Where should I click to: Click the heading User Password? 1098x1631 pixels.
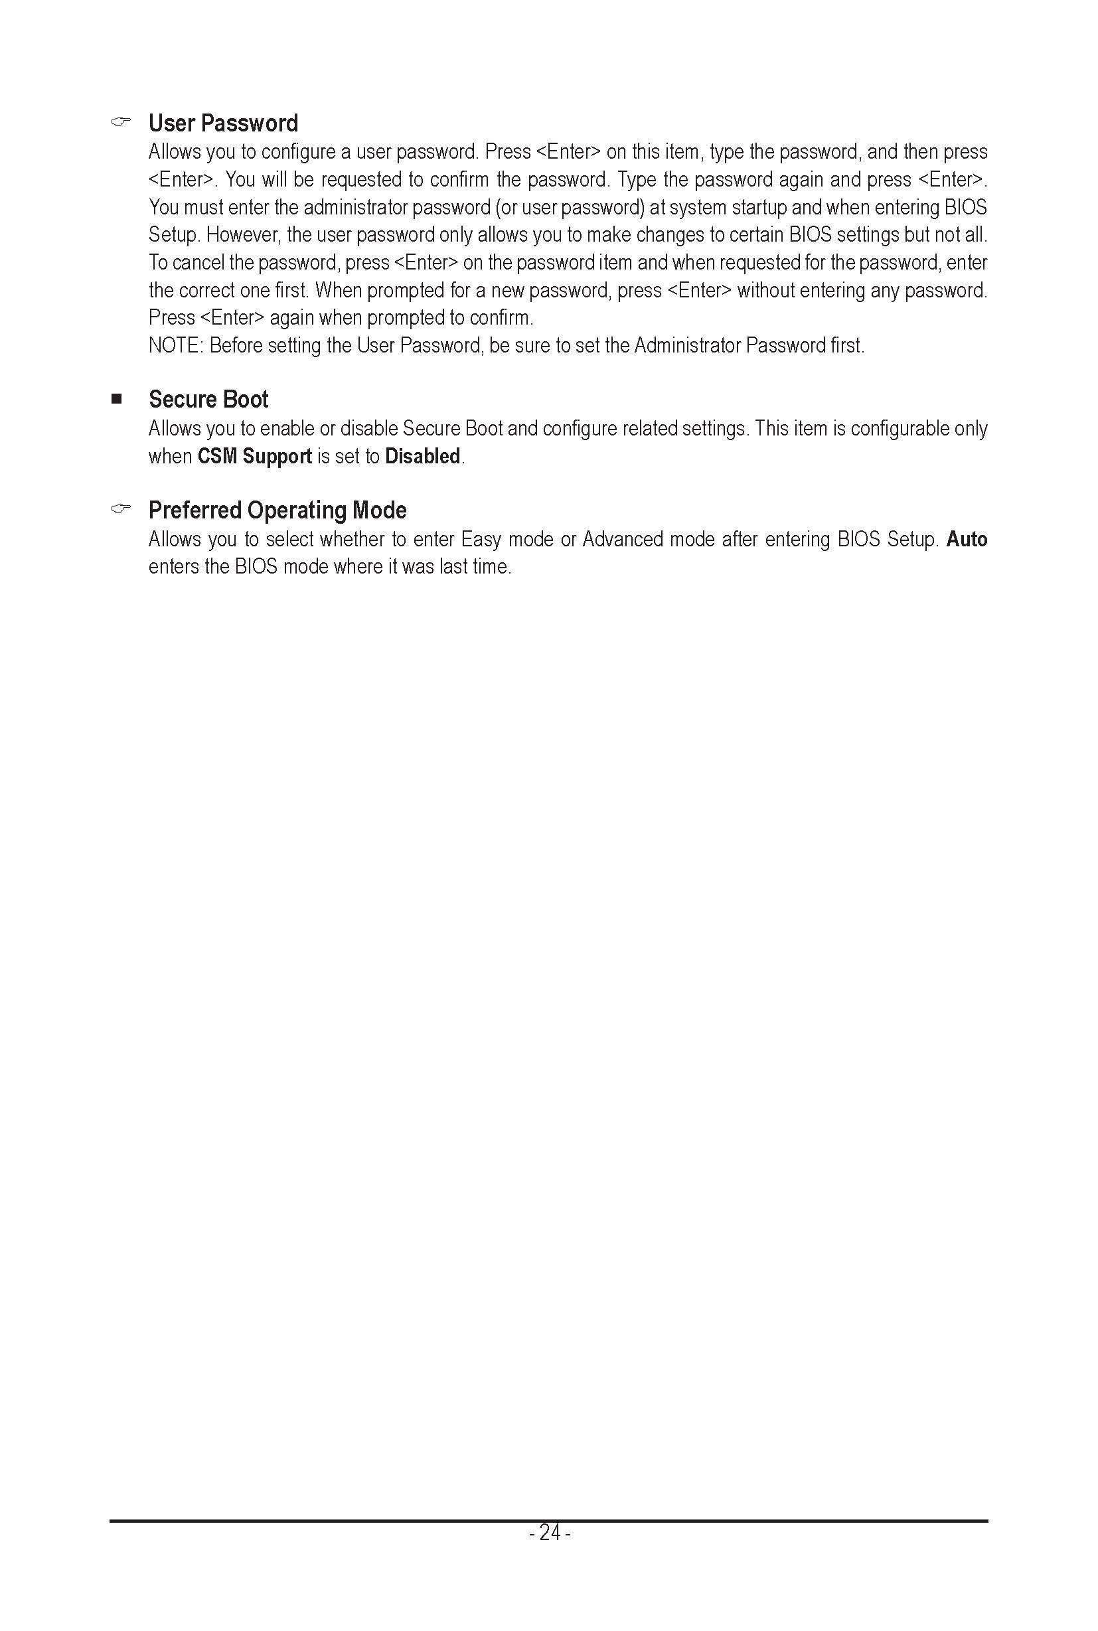coord(222,123)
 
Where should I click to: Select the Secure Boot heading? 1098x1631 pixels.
coord(208,399)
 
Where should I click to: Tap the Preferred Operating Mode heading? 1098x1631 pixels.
coord(277,510)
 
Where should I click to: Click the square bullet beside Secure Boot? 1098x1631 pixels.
coord(116,399)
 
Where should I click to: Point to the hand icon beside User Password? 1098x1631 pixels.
coord(120,123)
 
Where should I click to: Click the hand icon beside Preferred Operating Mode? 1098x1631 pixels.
coord(120,509)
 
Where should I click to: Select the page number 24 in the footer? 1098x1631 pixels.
coord(550,1533)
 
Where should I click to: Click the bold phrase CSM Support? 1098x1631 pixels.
coord(254,456)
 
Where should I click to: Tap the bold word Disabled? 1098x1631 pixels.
coord(422,456)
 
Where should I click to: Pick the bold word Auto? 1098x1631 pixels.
coord(967,539)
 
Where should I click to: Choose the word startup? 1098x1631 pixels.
coord(759,207)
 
